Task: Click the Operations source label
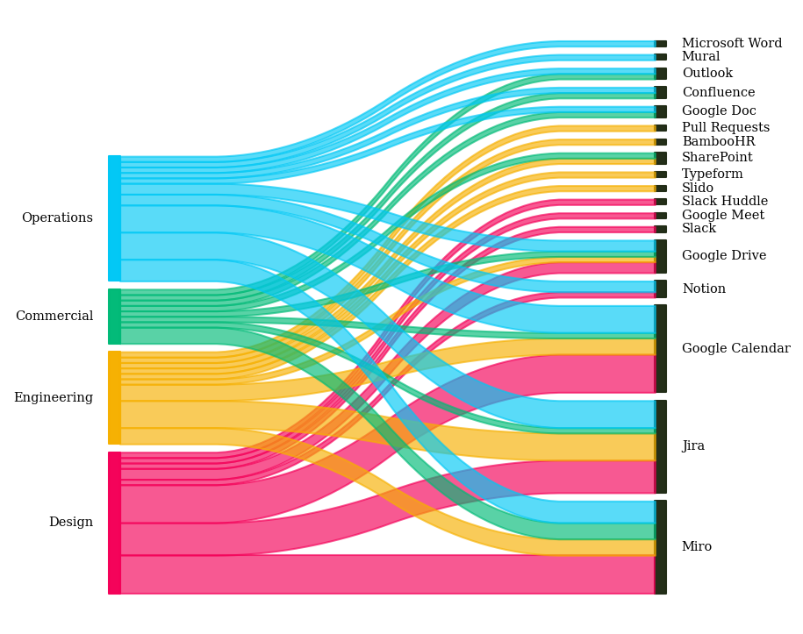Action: [57, 218]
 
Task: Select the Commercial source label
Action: [54, 317]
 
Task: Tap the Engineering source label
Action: [54, 398]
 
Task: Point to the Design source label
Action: [71, 523]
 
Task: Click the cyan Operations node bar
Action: [114, 218]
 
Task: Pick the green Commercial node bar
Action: [114, 317]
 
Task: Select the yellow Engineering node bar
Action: [114, 398]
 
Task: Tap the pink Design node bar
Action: [114, 523]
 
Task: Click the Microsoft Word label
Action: [731, 44]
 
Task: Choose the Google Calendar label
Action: [735, 349]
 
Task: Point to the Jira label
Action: [693, 446]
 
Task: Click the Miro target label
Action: [697, 547]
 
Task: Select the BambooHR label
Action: [718, 142]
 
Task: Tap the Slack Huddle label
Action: [724, 202]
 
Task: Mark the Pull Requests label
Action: [725, 128]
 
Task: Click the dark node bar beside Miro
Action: [661, 547]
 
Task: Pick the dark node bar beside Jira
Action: [661, 446]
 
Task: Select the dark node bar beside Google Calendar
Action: [661, 348]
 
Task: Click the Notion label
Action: [704, 289]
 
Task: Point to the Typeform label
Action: [712, 175]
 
